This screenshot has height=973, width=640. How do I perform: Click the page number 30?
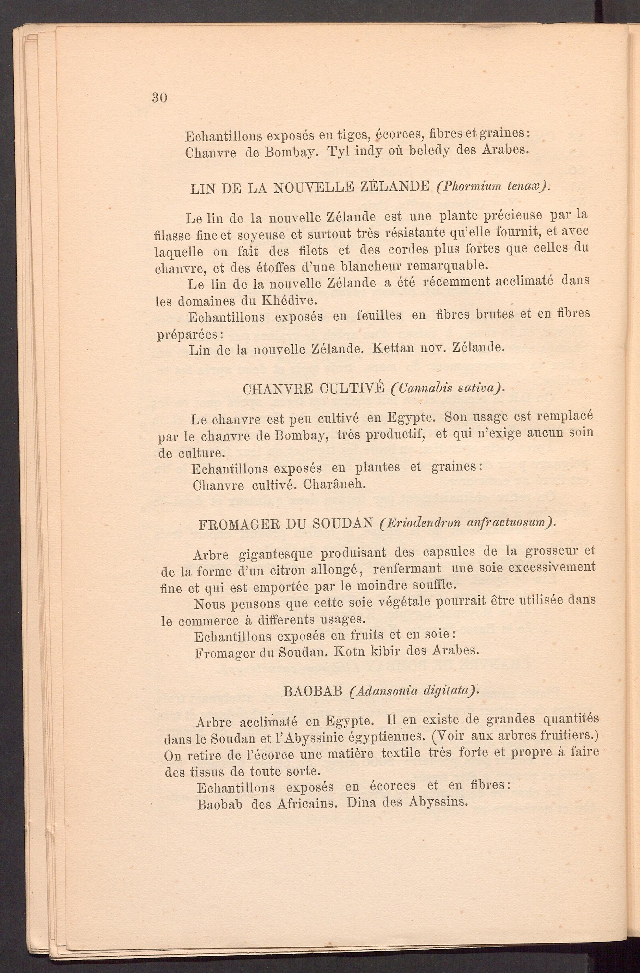pyautogui.click(x=159, y=98)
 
